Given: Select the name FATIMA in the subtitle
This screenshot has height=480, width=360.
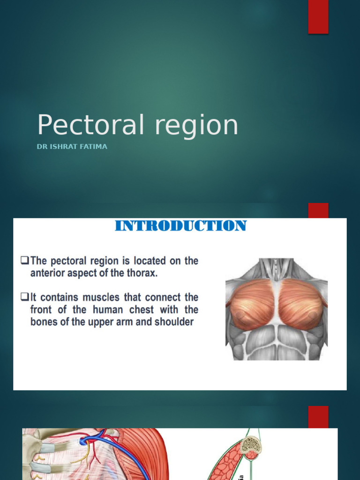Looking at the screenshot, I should point(94,147).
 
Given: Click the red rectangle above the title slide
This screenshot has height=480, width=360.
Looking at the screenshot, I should point(318,17).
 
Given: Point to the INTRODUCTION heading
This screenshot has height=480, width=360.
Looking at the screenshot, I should point(180,226).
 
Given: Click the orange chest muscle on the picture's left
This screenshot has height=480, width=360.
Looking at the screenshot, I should point(252,304).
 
